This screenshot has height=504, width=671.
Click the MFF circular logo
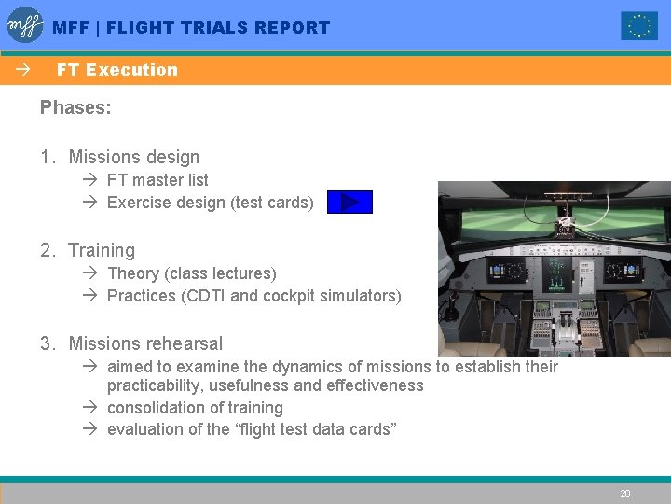25,25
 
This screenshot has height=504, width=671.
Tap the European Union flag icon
639,26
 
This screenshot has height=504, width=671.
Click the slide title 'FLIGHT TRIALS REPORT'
217,28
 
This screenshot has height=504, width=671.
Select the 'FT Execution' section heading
116,70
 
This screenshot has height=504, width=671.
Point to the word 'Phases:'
75,107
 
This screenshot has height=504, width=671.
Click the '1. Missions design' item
119,157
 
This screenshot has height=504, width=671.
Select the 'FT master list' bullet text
157,180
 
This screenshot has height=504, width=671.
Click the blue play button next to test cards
349,203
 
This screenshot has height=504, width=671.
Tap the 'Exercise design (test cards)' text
210,203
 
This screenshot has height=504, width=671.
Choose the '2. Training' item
88,250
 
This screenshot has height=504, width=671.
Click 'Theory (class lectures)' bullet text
191,273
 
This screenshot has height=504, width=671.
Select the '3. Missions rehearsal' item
131,343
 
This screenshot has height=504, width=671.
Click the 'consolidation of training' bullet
195,408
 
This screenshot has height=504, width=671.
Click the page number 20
625,493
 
